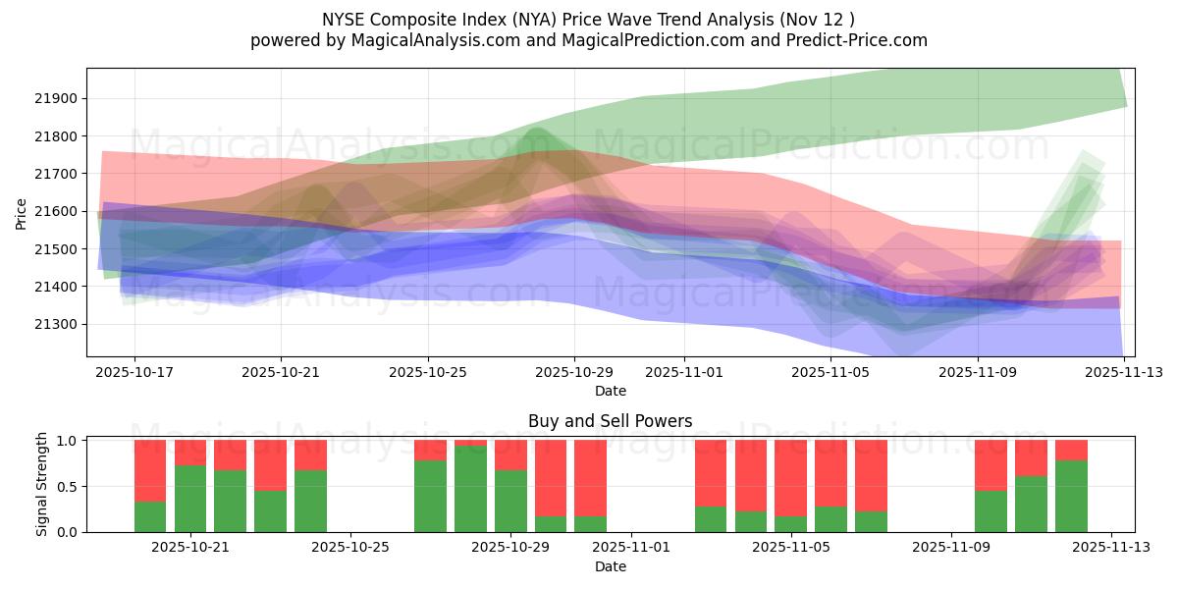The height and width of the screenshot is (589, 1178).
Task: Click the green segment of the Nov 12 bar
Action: [x=1071, y=497]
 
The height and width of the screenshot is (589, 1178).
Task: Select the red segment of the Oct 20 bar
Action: [x=150, y=470]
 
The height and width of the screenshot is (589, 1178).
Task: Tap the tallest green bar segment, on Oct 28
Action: [x=470, y=489]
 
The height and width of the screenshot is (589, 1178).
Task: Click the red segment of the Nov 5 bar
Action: [x=790, y=478]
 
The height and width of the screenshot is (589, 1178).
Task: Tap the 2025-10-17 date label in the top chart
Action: [x=134, y=373]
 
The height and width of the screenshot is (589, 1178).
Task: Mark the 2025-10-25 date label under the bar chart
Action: [x=350, y=548]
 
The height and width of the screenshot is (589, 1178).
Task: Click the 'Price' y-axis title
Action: [x=21, y=212]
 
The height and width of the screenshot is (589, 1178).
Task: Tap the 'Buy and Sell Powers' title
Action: [x=610, y=421]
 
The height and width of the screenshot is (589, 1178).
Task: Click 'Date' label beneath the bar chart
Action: [x=610, y=566]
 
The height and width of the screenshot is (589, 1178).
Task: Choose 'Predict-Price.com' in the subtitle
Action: [x=859, y=40]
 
